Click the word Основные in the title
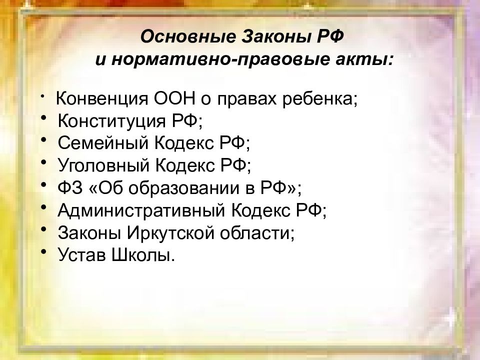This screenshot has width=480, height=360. pyautogui.click(x=188, y=36)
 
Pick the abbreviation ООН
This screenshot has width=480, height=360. pyautogui.click(x=174, y=98)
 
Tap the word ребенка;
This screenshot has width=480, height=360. pyautogui.click(x=320, y=99)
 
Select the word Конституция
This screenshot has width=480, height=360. pyautogui.click(x=111, y=121)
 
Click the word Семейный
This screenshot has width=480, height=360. pyautogui.click(x=103, y=143)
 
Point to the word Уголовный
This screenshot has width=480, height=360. pyautogui.click(x=104, y=165)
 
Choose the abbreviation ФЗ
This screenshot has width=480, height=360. pyautogui.click(x=70, y=187)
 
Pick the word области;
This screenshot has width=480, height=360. pyautogui.click(x=257, y=233)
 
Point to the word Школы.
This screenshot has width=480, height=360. pyautogui.click(x=142, y=255)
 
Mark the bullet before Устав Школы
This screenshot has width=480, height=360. pyautogui.click(x=44, y=251)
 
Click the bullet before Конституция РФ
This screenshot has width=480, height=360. pyautogui.click(x=44, y=117)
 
